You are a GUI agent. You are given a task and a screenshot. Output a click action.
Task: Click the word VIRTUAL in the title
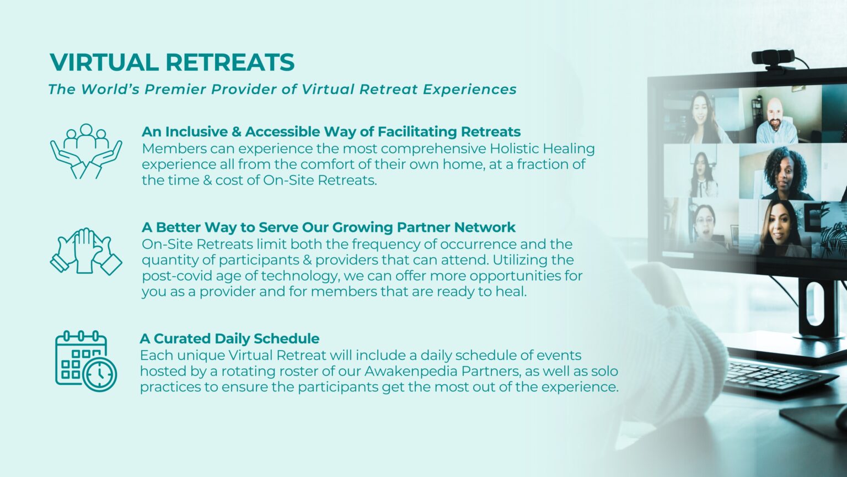coord(104,62)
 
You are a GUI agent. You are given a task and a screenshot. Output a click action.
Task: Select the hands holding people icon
coord(86,151)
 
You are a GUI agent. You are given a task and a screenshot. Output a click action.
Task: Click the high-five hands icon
coord(86,251)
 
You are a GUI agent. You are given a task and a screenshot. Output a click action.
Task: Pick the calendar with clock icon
coord(86,361)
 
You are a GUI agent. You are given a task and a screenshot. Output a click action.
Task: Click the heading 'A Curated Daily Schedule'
coord(229,338)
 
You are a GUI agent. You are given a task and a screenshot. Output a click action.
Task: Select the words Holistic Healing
coord(542,149)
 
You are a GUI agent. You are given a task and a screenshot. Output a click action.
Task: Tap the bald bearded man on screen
coord(776,121)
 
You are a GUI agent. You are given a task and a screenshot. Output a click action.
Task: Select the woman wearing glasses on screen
coord(704,226)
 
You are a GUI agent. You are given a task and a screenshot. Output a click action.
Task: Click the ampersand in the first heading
coord(237,132)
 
